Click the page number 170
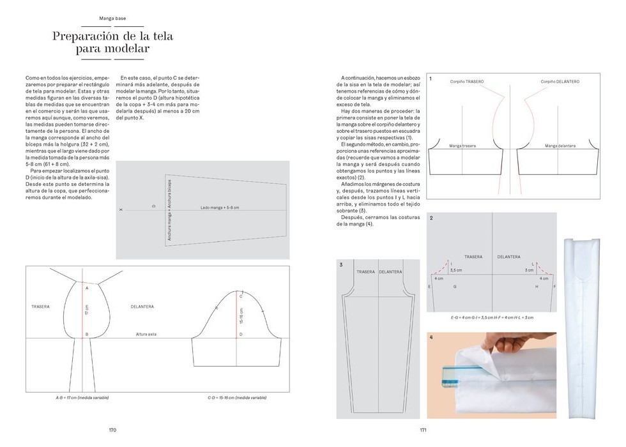point(112,430)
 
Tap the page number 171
point(423,430)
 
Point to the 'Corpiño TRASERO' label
point(467,82)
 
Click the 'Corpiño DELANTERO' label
point(560,82)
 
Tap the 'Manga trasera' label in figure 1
point(462,146)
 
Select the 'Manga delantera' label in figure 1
point(560,146)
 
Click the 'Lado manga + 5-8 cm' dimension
point(219,208)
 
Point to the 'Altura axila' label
point(146,334)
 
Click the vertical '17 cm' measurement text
point(86,310)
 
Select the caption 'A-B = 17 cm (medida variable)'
point(82,397)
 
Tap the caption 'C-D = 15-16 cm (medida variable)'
point(237,397)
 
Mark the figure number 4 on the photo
point(431,337)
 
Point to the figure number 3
point(341,264)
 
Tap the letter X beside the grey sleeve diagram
point(121,209)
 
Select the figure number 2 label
point(431,218)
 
